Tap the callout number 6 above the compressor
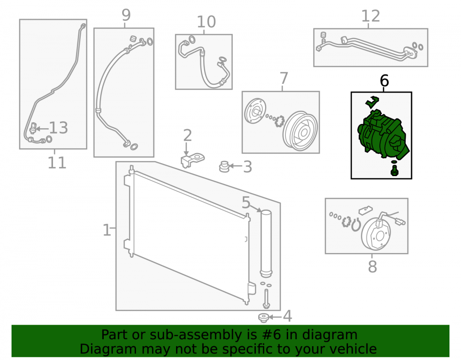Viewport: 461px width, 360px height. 384,81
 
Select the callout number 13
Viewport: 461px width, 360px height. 58,128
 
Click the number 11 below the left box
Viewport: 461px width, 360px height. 57,163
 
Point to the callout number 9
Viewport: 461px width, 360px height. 126,15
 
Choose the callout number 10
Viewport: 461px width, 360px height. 206,22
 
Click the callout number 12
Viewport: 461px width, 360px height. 371,16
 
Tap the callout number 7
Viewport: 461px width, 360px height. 284,78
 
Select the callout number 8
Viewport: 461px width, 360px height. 372,267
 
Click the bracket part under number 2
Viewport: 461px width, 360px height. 192,160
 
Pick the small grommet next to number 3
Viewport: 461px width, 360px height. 224,166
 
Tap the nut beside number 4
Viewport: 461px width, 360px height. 263,318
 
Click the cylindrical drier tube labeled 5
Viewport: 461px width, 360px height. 266,243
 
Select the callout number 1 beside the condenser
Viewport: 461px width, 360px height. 106,230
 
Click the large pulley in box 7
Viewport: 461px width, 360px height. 300,131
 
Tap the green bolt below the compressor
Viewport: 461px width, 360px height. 394,171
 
